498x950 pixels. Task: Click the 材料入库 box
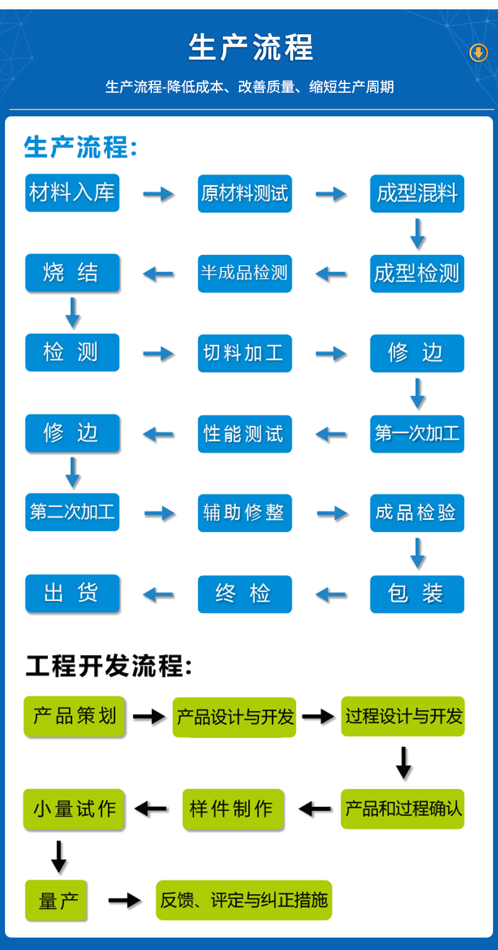[72, 193]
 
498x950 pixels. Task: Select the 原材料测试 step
[245, 193]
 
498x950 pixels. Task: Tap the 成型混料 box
[417, 193]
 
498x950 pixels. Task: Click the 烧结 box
[72, 273]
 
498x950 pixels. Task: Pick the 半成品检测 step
[245, 273]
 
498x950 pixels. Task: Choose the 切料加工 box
[245, 353]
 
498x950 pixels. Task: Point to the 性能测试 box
[245, 433]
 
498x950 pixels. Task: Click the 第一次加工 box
[417, 433]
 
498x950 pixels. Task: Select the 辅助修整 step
[245, 513]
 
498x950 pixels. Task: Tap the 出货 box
[72, 594]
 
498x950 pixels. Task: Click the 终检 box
[245, 594]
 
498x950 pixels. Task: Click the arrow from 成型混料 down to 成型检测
[418, 233]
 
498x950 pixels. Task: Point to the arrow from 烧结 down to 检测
[73, 313]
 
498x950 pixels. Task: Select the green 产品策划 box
[75, 717]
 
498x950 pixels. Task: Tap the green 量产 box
[56, 900]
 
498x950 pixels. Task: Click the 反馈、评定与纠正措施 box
[243, 900]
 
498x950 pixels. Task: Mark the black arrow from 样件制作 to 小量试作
[151, 809]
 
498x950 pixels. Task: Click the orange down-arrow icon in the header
[478, 54]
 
